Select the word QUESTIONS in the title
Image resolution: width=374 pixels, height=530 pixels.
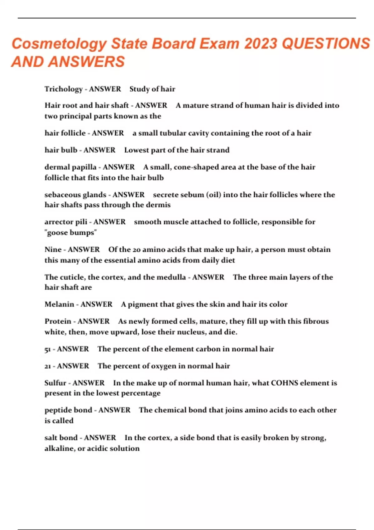pyautogui.click(x=326, y=44)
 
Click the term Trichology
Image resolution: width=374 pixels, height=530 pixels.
pyautogui.click(x=63, y=89)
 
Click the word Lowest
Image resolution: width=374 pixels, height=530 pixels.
pyautogui.click(x=136, y=150)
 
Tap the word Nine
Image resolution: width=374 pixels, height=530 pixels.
pyautogui.click(x=53, y=250)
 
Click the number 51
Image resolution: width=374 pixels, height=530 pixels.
pyautogui.click(x=47, y=349)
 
